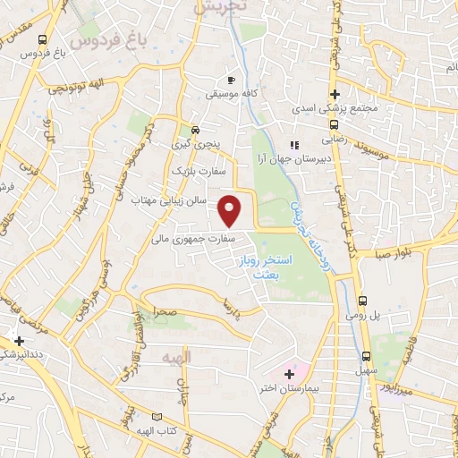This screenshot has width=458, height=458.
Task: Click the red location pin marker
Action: [x=231, y=210]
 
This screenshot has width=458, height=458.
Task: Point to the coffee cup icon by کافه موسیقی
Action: [x=233, y=77]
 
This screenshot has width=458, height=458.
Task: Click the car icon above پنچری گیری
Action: [x=194, y=127]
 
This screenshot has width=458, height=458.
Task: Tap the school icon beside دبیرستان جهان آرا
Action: [x=293, y=145]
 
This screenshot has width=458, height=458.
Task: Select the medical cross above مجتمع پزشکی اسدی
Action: [x=334, y=94]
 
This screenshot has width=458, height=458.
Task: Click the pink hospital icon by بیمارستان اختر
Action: [x=289, y=373]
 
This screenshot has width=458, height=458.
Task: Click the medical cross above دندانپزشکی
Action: [x=20, y=341]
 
